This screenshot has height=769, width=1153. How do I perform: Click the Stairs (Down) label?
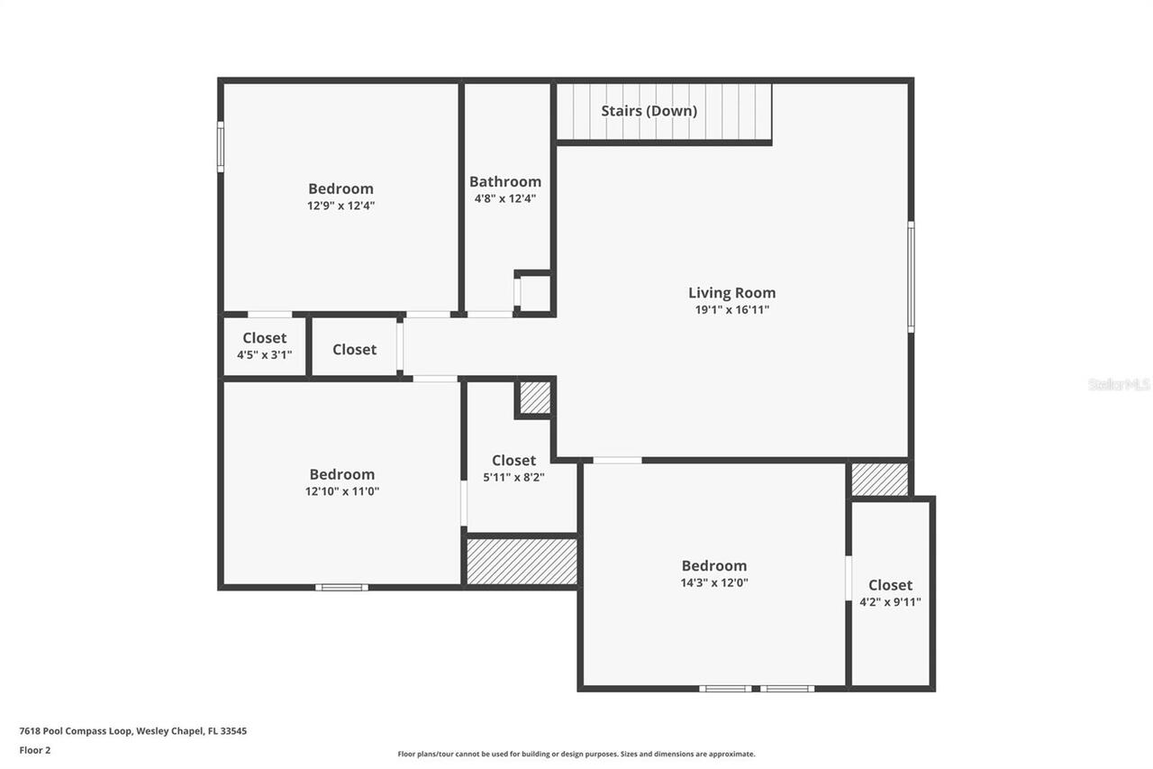coord(649,111)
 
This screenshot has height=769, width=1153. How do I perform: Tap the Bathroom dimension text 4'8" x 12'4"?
coord(505,198)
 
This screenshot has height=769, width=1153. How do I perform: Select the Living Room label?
coord(731,292)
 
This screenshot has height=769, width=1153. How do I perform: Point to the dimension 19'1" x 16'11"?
coord(731,310)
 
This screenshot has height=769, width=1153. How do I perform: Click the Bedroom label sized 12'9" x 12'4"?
coord(340,188)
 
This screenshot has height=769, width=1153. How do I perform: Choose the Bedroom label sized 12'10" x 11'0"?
coord(341,474)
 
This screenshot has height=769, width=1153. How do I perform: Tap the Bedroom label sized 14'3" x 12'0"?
coord(713,565)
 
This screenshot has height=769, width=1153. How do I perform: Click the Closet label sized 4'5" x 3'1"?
coord(264,338)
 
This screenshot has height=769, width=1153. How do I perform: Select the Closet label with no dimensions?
coord(354,349)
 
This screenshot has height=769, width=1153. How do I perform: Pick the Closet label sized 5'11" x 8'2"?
coord(513,460)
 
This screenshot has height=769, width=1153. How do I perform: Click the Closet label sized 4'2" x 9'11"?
coord(890,585)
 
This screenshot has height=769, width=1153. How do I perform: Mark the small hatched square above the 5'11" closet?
coord(535,398)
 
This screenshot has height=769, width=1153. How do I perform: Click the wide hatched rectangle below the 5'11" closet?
coord(522,561)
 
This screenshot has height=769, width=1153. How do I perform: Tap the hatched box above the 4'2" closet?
coord(879,480)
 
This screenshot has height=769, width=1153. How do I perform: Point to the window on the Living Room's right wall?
coord(911,277)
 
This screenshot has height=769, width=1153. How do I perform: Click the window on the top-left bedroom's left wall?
coord(221,146)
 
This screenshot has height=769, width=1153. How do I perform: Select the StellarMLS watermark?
coord(1119,384)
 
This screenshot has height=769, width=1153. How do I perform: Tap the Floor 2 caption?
coord(35,749)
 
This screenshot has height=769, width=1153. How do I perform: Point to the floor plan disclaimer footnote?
coord(576,754)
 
